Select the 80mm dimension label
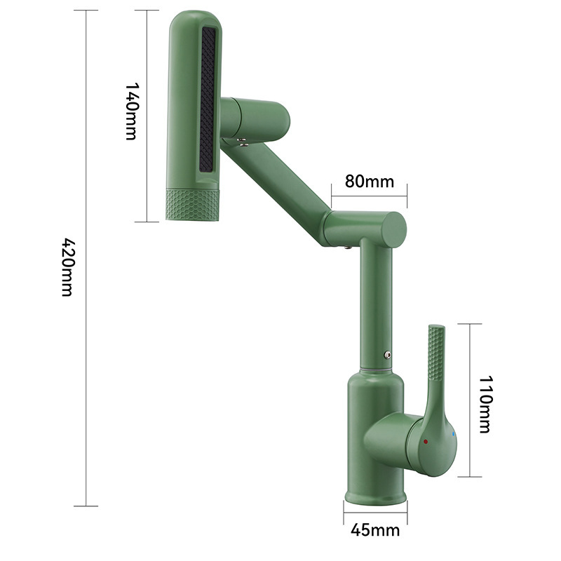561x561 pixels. [370, 181]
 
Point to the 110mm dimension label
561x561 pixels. [485, 403]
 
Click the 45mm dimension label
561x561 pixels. [375, 529]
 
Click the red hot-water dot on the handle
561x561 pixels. [426, 442]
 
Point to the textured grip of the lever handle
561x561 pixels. [435, 365]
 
